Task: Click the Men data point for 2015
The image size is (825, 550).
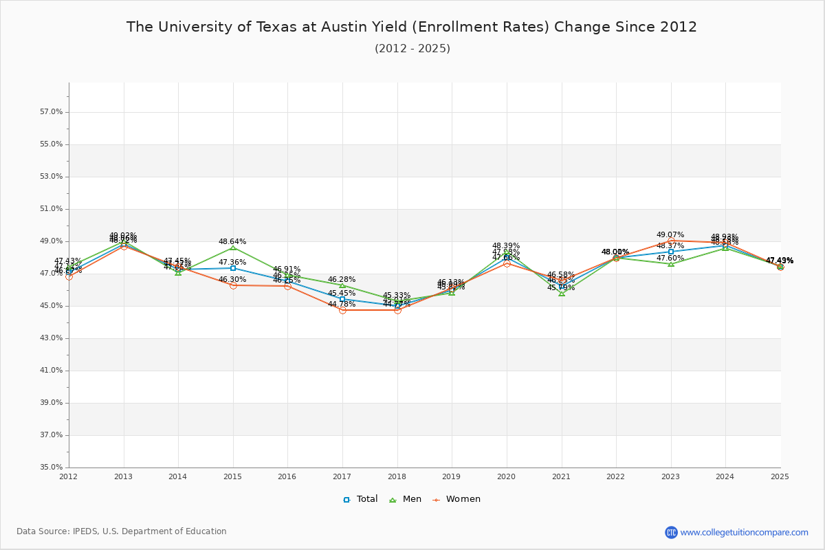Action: (x=233, y=247)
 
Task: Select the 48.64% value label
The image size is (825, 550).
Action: (x=232, y=242)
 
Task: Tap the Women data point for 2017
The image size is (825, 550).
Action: (x=342, y=310)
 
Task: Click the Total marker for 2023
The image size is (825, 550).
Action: (x=671, y=252)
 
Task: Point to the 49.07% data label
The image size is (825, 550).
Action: (x=670, y=235)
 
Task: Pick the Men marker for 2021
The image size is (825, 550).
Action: (x=562, y=294)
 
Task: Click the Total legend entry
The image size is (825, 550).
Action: (x=360, y=499)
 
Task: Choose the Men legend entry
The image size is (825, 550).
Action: (x=406, y=499)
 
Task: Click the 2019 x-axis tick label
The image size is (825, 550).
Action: (x=451, y=476)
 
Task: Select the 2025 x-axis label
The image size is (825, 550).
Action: (x=780, y=476)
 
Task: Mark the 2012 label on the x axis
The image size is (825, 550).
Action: (x=69, y=476)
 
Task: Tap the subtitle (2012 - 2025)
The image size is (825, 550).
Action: (x=412, y=49)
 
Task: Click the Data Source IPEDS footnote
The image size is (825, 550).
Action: (x=122, y=531)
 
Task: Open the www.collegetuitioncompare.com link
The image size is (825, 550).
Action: (x=744, y=532)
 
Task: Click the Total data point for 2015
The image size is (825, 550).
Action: (x=233, y=268)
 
